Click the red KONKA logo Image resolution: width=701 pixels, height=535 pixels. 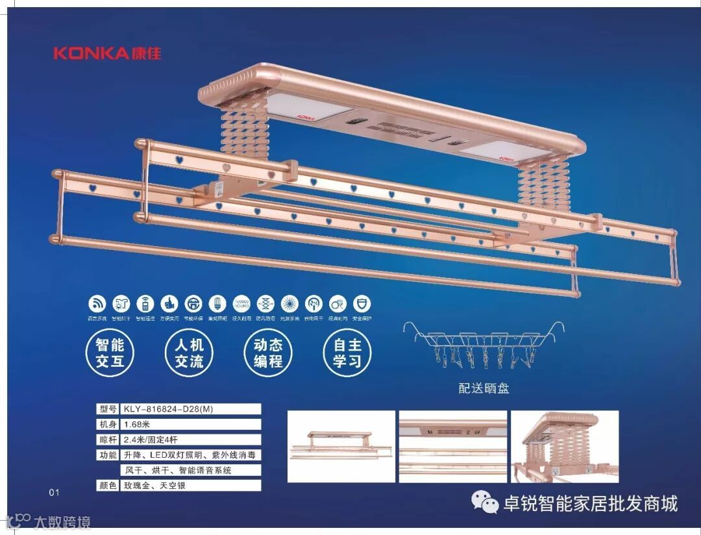pyautogui.click(x=107, y=53)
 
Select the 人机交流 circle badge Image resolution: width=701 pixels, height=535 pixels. pyautogui.click(x=189, y=353)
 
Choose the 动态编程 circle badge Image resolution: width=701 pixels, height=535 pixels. pyautogui.click(x=267, y=353)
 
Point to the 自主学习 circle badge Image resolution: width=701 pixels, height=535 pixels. pyautogui.click(x=347, y=353)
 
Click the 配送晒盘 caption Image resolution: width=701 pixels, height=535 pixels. pyautogui.click(x=484, y=389)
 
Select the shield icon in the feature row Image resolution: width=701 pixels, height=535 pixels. pyautogui.click(x=364, y=303)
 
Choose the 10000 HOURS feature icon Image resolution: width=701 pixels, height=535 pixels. pyautogui.click(x=240, y=303)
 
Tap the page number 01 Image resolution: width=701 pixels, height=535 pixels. pyautogui.click(x=54, y=492)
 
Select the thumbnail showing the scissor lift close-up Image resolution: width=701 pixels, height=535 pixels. pyautogui.click(x=565, y=446)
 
